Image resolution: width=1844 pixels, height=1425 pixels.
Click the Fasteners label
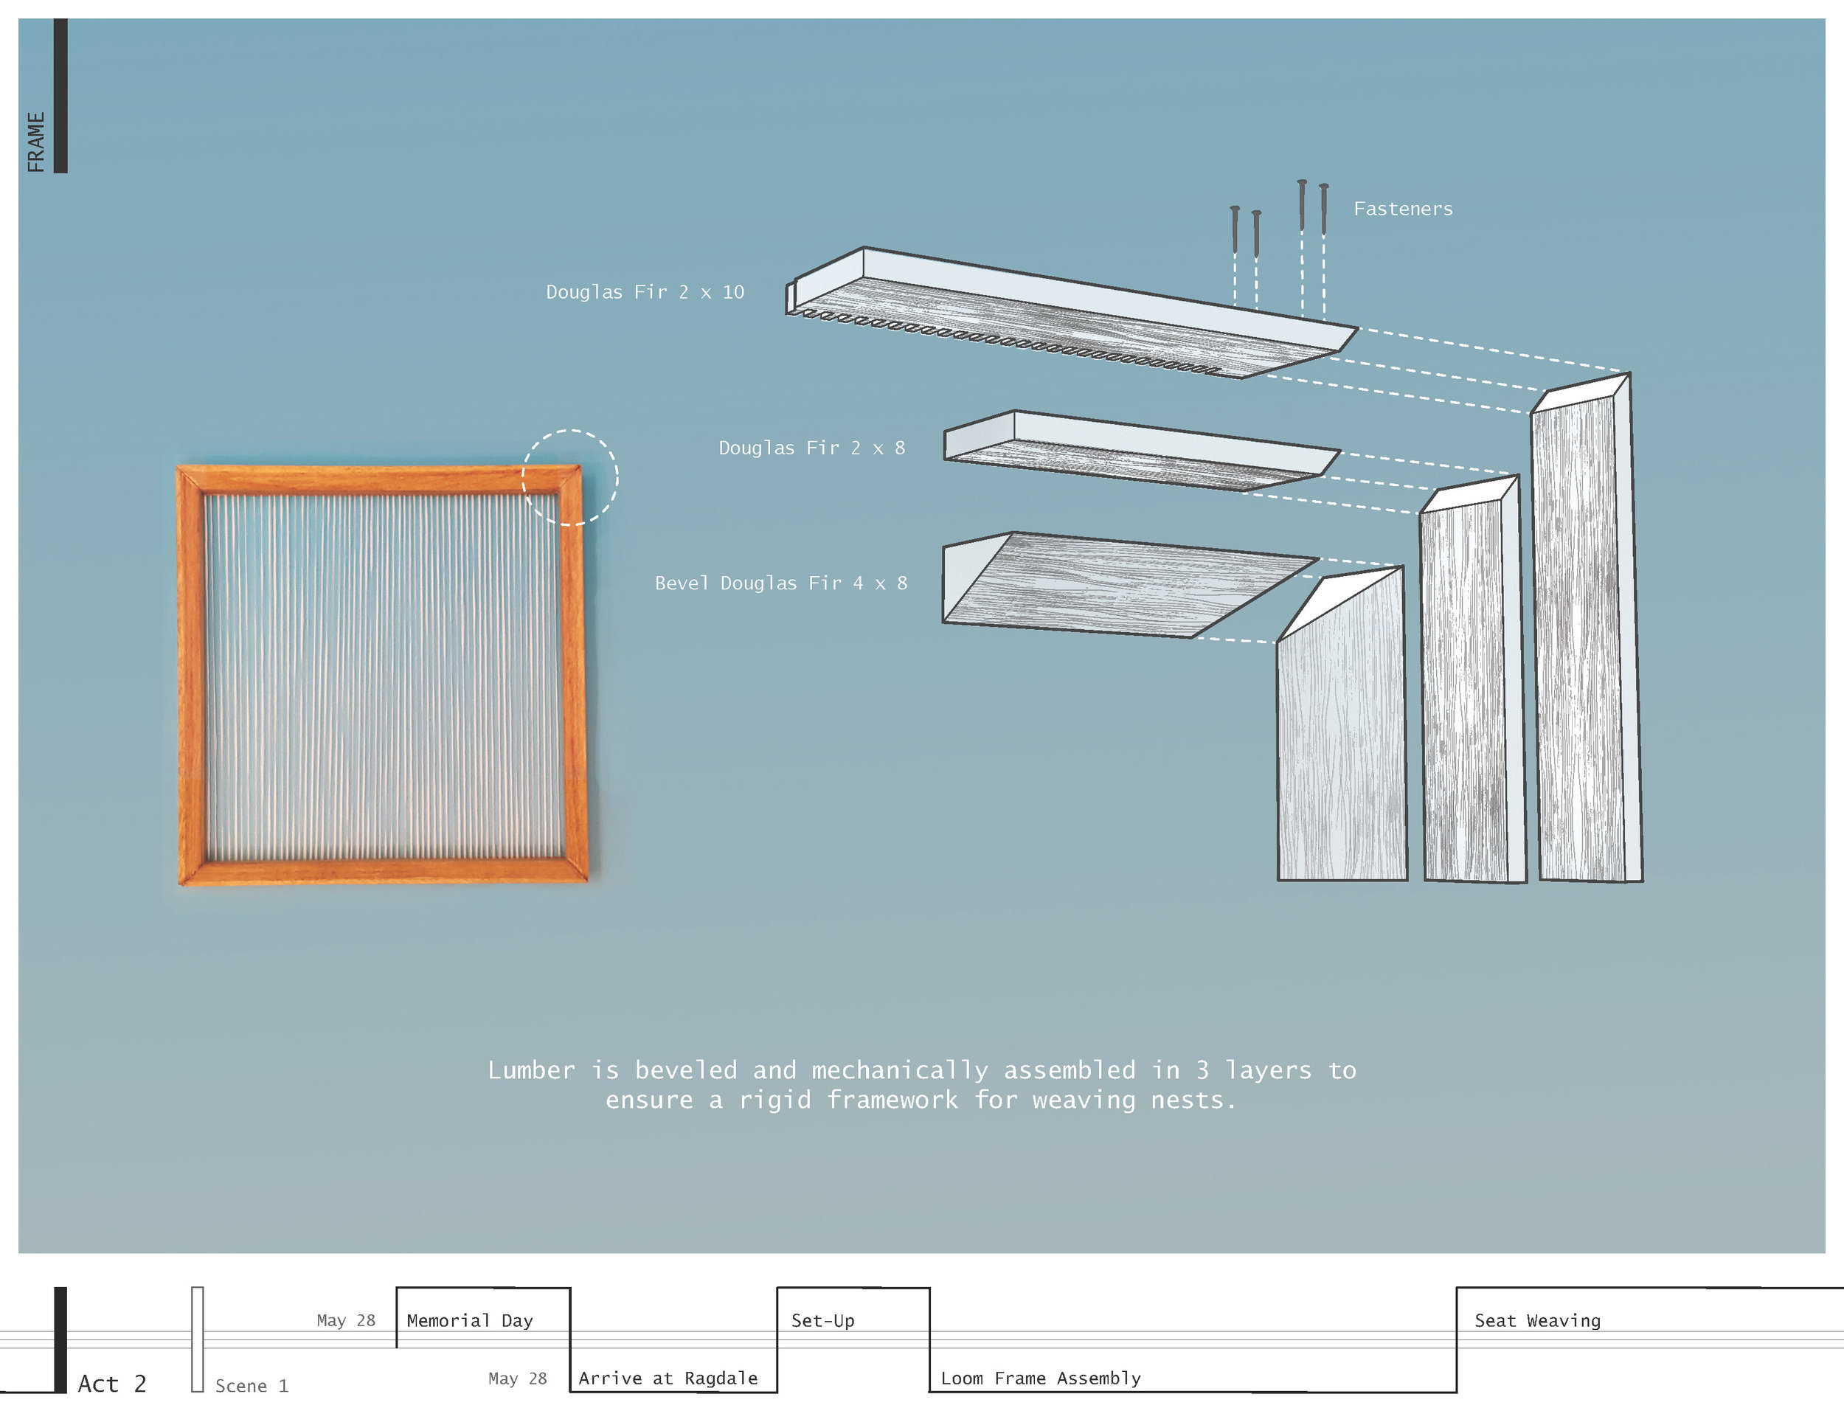click(x=1402, y=209)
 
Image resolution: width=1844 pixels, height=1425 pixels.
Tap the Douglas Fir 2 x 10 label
click(x=644, y=292)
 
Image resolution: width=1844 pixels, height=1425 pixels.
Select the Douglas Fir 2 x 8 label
click(x=811, y=448)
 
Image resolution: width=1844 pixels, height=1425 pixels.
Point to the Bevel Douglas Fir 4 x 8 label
click(x=780, y=583)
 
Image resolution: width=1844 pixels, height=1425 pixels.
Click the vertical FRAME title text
click(x=35, y=142)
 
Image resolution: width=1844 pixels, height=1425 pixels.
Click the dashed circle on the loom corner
click(x=570, y=478)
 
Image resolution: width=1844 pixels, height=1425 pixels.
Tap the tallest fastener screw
click(x=1302, y=205)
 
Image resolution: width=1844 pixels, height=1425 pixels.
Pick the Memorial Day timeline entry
click(x=469, y=1320)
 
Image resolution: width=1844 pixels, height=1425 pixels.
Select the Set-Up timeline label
click(x=822, y=1320)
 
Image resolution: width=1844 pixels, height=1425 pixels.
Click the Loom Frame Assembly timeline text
click(x=1040, y=1378)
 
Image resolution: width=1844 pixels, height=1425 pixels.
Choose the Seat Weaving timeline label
click(x=1536, y=1320)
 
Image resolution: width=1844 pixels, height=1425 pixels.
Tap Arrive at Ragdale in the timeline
click(x=668, y=1378)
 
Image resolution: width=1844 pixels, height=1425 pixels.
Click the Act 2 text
click(x=111, y=1384)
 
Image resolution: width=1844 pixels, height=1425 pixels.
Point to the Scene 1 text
click(x=252, y=1385)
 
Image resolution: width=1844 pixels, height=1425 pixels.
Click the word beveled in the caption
click(x=685, y=1070)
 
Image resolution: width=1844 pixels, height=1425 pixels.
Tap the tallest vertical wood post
click(x=1586, y=642)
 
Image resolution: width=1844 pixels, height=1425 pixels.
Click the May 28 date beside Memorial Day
click(x=345, y=1320)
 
